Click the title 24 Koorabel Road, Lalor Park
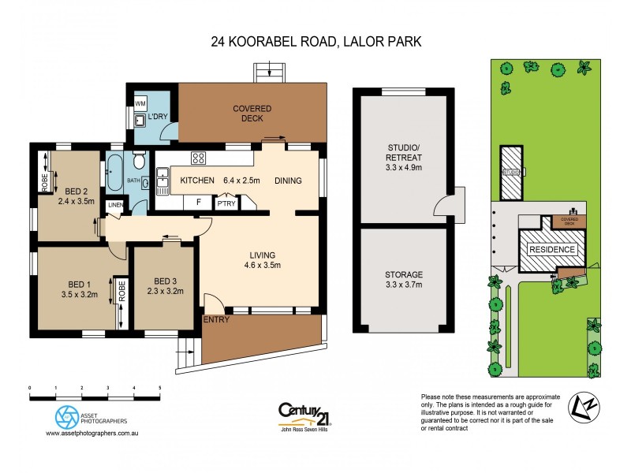(315, 40)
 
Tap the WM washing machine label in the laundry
(140, 103)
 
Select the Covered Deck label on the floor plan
(252, 114)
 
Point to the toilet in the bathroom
(139, 163)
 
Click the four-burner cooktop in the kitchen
(200, 158)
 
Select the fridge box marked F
(200, 202)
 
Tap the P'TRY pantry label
(227, 203)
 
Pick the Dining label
(288, 181)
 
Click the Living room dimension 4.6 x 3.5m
(262, 266)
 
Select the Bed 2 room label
(76, 191)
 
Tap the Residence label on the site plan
(552, 249)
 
